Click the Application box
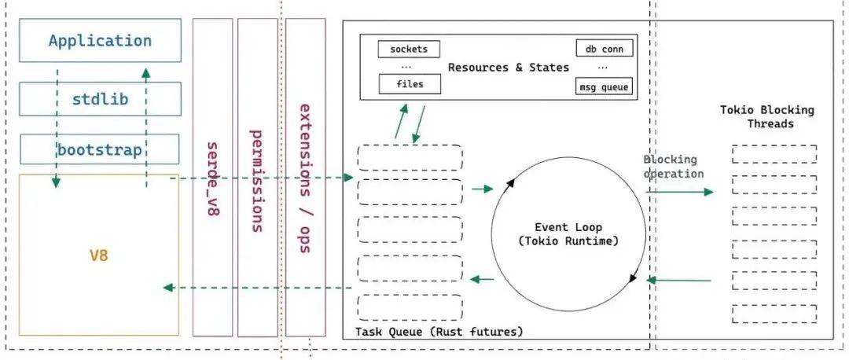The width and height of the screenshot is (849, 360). tap(99, 40)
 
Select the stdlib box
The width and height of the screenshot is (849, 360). tap(99, 99)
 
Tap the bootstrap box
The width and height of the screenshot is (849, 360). tap(99, 149)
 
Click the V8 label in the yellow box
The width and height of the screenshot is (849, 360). tap(97, 256)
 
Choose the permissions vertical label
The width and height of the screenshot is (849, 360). tap(256, 180)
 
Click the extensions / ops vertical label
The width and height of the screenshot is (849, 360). tap(305, 178)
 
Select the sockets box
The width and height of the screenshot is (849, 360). tap(409, 50)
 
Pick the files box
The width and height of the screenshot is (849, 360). tap(409, 84)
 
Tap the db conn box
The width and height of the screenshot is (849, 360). tap(604, 50)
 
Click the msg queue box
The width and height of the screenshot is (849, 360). tap(604, 87)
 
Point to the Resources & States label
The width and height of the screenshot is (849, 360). tap(508, 68)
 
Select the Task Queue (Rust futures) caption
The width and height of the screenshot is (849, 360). tap(439, 332)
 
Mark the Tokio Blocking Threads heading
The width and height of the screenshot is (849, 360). tap(766, 117)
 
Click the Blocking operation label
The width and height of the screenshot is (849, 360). tap(673, 167)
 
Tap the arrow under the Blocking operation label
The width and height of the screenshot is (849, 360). tap(680, 191)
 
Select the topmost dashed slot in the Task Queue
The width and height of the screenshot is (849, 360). tap(410, 157)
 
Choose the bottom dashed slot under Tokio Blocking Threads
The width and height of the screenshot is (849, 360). tap(774, 313)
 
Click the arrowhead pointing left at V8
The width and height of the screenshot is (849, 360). tap(167, 288)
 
